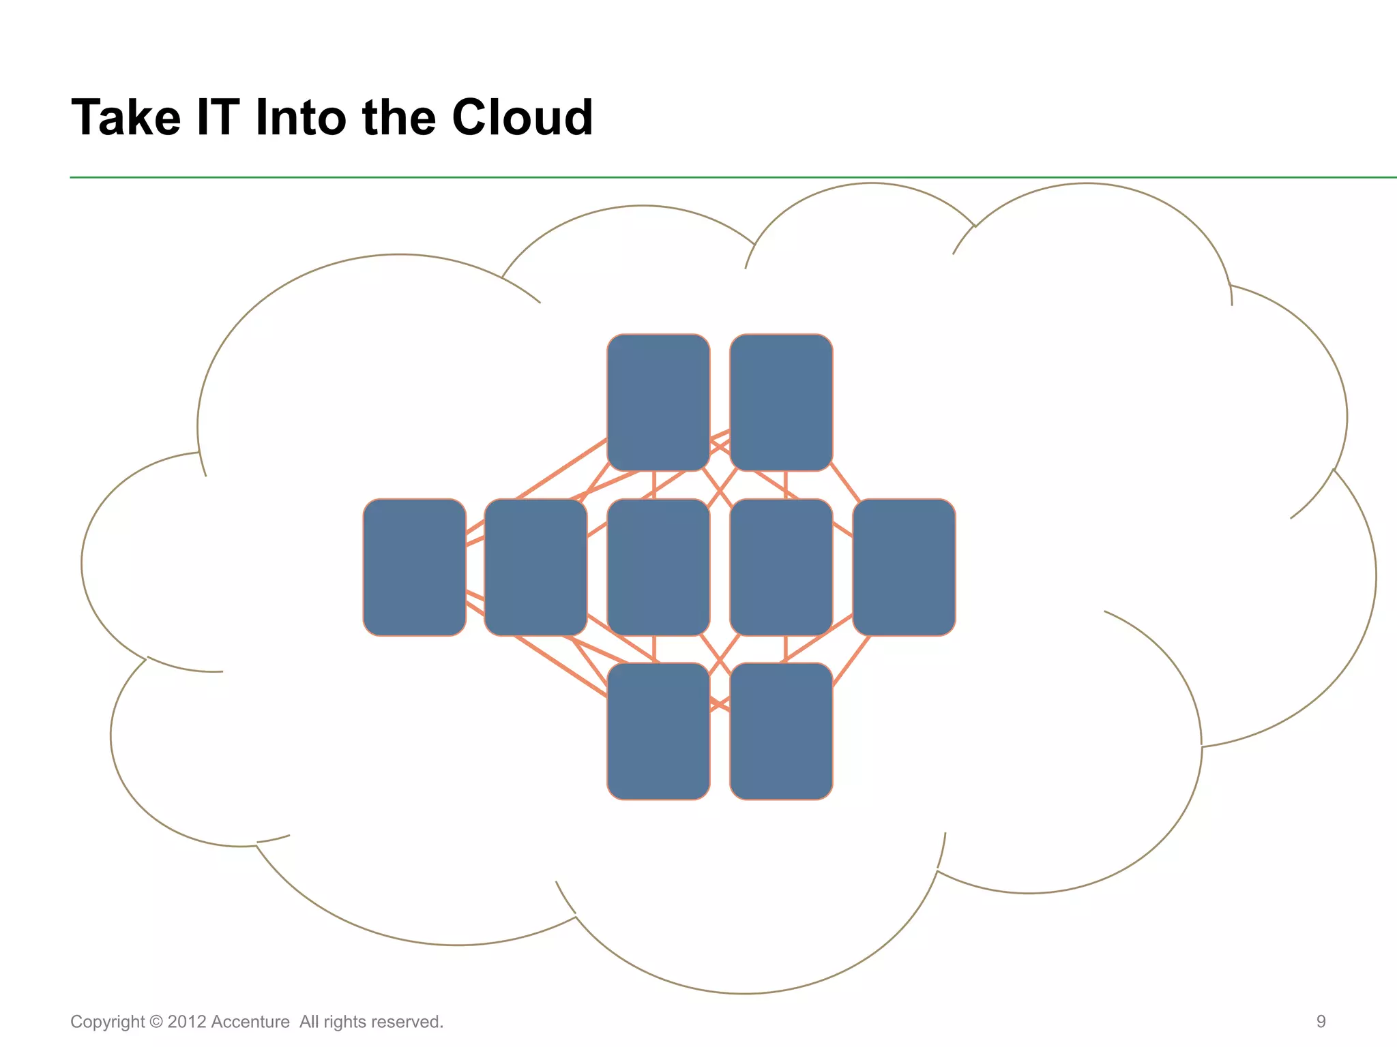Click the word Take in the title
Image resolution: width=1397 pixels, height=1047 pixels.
pos(126,118)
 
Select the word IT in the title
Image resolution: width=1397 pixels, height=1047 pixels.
pos(218,118)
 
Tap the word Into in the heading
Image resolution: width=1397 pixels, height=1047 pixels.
pos(302,118)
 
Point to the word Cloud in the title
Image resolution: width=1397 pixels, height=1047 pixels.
pos(522,118)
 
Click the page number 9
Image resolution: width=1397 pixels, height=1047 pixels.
pos(1321,1021)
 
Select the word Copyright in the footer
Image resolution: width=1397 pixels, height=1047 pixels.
pos(107,1022)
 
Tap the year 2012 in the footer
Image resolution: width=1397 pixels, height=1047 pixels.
pos(186,1022)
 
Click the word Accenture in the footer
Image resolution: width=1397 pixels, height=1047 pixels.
pos(250,1022)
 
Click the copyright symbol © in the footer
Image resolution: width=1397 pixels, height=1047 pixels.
pos(156,1022)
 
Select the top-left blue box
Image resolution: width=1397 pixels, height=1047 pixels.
pos(658,402)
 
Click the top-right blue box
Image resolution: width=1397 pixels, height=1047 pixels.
pos(781,402)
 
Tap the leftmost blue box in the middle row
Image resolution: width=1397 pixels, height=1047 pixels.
pos(414,567)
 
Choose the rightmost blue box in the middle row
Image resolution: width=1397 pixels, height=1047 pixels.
pos(904,567)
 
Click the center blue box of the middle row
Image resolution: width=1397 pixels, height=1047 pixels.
pos(658,567)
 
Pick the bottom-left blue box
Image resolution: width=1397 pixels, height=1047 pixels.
pos(658,731)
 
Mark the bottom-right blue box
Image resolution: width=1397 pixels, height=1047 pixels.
pos(781,731)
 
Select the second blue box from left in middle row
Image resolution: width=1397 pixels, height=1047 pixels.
pos(535,567)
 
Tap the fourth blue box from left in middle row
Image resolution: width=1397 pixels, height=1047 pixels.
pos(781,567)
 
